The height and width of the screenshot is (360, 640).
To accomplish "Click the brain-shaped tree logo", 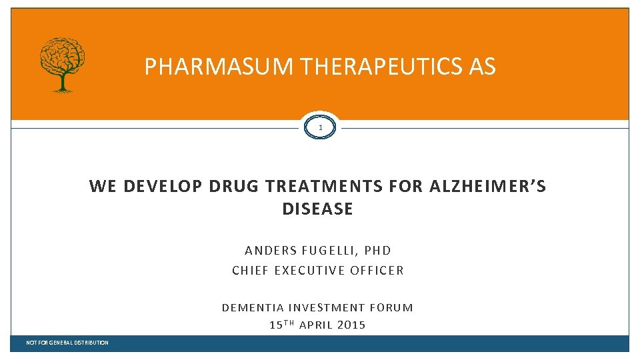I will click(x=63, y=63).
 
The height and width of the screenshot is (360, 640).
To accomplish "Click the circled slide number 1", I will click(x=320, y=127).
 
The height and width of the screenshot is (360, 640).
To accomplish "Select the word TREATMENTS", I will click(x=323, y=187).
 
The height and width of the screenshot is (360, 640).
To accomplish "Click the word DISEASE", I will click(x=317, y=209).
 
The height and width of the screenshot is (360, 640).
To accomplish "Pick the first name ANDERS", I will click(x=271, y=251).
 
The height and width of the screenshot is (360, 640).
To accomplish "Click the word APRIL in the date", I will click(x=317, y=325).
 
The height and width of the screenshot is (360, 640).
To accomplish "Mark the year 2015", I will click(x=351, y=325).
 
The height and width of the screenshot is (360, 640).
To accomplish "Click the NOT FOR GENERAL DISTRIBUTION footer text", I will click(x=67, y=343).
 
